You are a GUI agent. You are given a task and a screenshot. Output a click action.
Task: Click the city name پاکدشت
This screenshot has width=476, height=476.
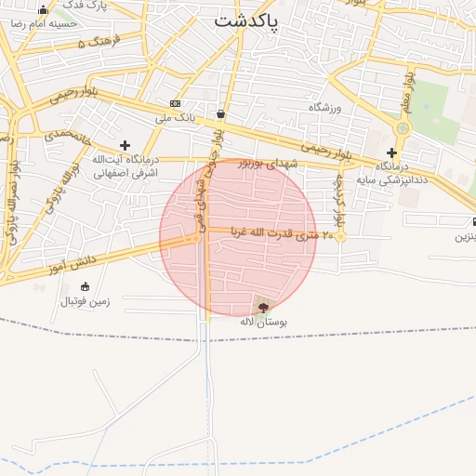tap(246, 20)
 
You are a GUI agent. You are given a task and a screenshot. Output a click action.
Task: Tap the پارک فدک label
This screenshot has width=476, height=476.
tap(85, 5)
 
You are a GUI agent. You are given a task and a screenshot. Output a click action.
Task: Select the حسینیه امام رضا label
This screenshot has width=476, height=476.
tap(43, 22)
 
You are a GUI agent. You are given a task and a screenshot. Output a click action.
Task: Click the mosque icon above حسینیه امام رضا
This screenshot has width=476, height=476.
tap(43, 9)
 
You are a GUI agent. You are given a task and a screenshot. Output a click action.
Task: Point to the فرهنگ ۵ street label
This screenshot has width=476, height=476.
tap(94, 44)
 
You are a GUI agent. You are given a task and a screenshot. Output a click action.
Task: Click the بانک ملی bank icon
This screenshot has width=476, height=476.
tap(175, 103)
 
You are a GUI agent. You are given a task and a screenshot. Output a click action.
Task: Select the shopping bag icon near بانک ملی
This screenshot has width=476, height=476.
tap(220, 114)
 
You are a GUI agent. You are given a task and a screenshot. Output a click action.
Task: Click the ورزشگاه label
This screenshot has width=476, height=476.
tap(325, 108)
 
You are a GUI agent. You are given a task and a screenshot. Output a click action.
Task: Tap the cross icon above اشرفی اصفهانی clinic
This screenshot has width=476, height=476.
tap(125, 145)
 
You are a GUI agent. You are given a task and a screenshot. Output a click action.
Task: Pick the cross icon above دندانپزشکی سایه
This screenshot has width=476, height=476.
tap(391, 152)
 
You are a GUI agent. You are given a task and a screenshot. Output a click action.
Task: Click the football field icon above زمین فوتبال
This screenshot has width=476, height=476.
tap(86, 286)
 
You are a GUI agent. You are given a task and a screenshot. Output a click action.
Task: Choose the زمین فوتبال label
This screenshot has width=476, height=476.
tap(86, 301)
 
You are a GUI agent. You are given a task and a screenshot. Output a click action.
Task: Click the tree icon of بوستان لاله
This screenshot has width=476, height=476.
tap(263, 306)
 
